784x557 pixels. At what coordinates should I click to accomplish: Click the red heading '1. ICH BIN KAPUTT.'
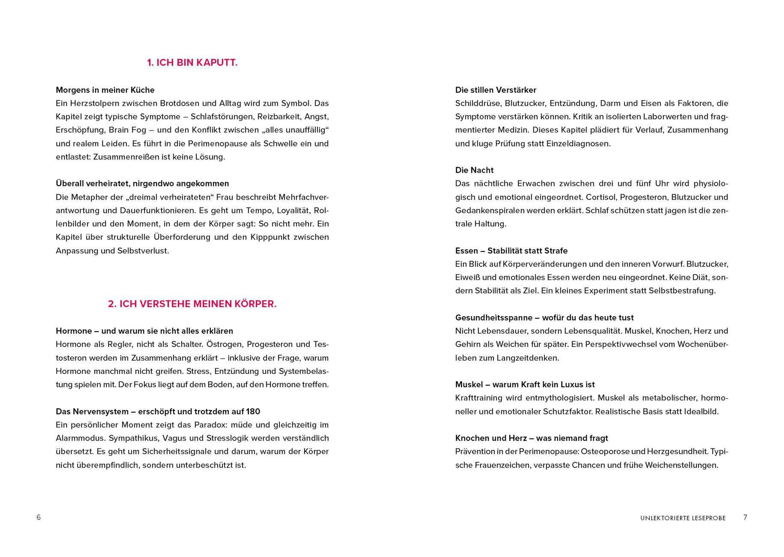(x=192, y=63)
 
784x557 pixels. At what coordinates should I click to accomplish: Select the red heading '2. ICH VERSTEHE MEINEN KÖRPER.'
(x=192, y=304)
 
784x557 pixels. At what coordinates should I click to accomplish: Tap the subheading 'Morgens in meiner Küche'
(x=105, y=90)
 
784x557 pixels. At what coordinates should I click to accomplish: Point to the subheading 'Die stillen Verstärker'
(x=495, y=90)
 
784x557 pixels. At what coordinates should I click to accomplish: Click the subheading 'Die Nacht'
(x=474, y=170)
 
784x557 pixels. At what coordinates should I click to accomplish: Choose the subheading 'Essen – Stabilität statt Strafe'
(x=511, y=251)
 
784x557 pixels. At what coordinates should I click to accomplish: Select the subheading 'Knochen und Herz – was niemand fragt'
(x=531, y=438)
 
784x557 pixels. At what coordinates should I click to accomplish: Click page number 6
(x=39, y=517)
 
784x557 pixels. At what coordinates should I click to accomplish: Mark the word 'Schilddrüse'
(x=478, y=103)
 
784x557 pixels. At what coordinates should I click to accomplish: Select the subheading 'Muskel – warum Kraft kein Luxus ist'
(x=525, y=385)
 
